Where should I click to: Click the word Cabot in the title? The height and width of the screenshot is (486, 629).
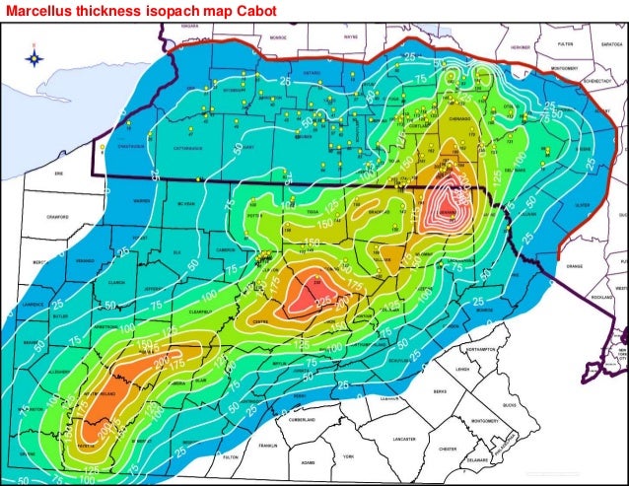(x=243, y=10)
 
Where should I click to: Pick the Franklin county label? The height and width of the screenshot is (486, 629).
(x=266, y=446)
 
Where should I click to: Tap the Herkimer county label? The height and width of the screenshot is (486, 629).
(x=522, y=46)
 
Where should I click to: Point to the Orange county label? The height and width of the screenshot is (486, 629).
(x=574, y=265)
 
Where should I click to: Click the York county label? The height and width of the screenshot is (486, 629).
(x=348, y=456)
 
